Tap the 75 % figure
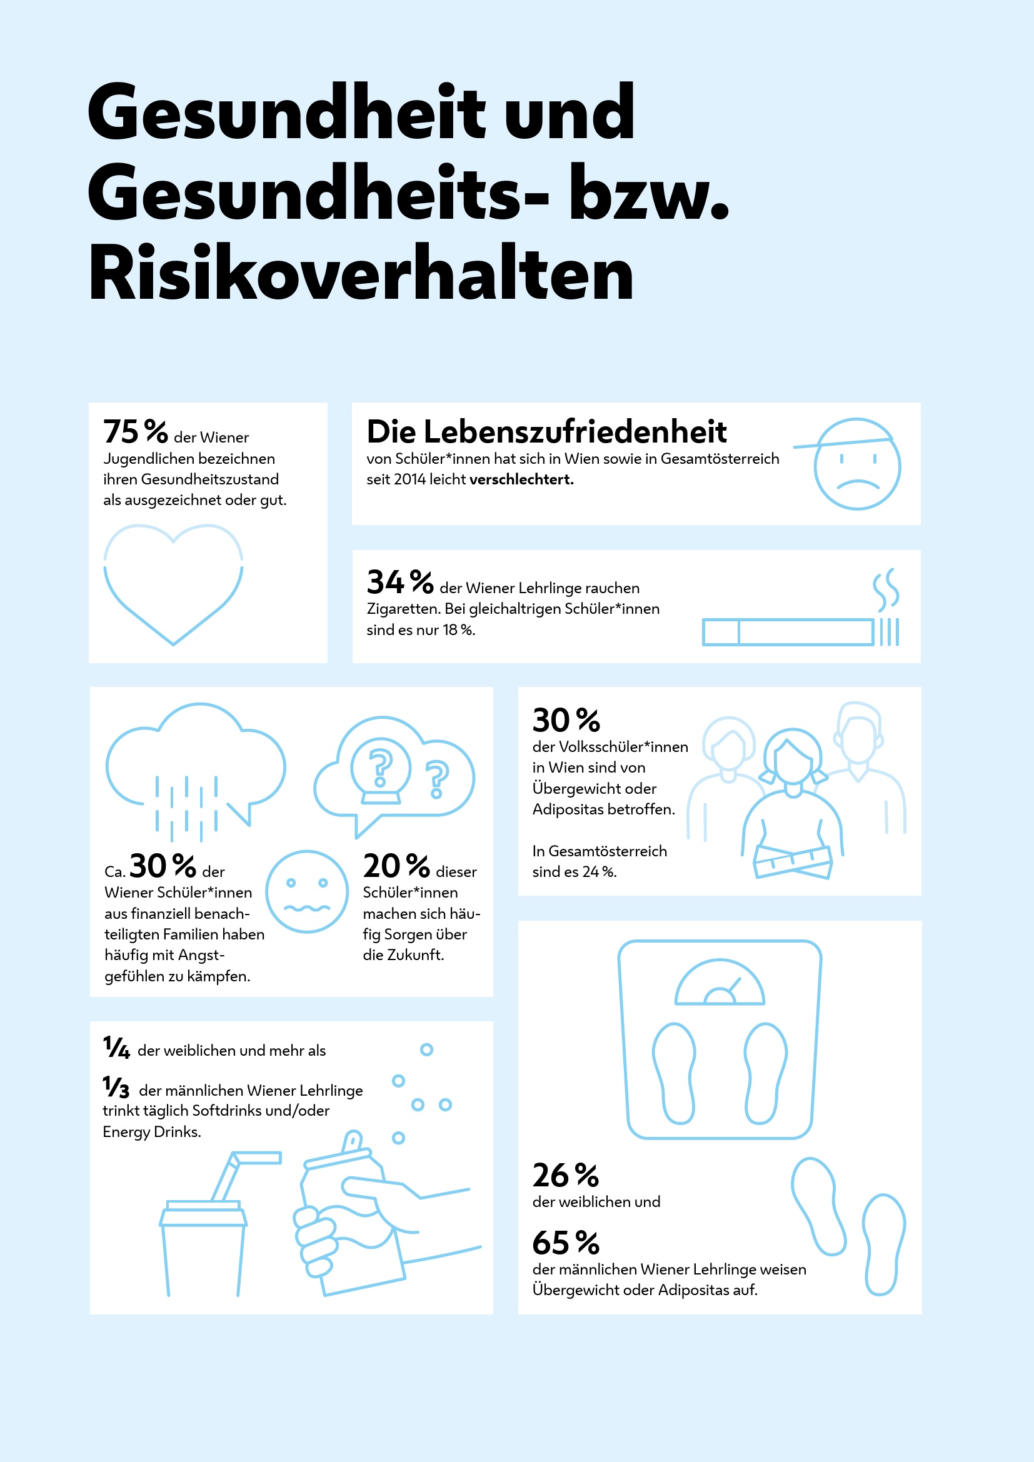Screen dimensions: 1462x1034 click(136, 432)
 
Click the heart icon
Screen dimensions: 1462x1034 click(173, 583)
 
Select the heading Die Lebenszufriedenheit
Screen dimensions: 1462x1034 click(546, 432)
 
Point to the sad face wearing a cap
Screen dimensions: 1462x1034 click(856, 464)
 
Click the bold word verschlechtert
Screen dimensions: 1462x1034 click(521, 479)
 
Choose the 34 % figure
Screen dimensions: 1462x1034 click(400, 582)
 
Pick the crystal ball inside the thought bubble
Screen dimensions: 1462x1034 click(381, 770)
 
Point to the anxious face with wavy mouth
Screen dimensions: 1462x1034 click(307, 891)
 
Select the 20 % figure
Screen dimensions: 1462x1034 click(396, 866)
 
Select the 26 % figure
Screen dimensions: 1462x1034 click(566, 1175)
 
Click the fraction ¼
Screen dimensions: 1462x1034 click(116, 1048)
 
